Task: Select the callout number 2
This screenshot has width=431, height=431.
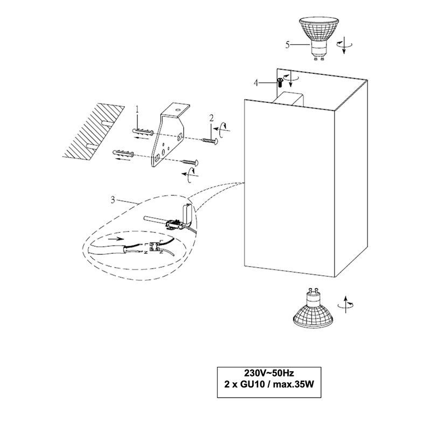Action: tap(212, 117)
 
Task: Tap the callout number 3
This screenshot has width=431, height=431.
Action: tap(112, 200)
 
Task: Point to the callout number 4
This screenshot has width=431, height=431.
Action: tap(257, 82)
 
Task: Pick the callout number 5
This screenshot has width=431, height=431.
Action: tap(288, 45)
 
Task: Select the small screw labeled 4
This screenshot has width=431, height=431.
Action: tap(280, 82)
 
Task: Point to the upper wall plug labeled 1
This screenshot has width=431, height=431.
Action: tap(142, 131)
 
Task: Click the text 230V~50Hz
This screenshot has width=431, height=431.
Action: tap(268, 373)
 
